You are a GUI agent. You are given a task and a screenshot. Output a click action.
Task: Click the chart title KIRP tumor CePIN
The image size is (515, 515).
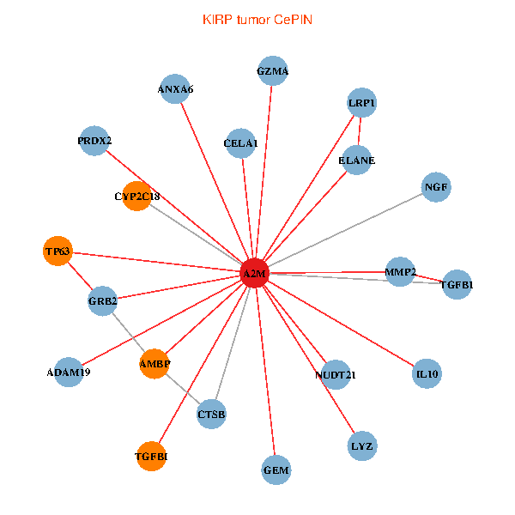[257, 19]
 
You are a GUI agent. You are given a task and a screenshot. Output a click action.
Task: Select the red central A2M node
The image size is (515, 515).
[254, 274]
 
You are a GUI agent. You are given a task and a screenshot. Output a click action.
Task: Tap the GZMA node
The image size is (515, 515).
[272, 71]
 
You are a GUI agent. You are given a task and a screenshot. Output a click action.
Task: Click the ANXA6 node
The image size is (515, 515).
[175, 88]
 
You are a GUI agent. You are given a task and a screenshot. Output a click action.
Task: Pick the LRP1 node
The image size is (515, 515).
[362, 103]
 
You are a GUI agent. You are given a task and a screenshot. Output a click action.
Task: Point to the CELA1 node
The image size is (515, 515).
[240, 142]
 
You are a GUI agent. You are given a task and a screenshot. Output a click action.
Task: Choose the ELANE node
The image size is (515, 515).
[356, 161]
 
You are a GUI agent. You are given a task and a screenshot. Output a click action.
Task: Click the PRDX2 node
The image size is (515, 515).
[94, 140]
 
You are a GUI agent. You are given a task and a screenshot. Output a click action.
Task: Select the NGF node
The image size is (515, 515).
[436, 187]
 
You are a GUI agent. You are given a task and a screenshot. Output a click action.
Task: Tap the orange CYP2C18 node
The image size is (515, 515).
[137, 197]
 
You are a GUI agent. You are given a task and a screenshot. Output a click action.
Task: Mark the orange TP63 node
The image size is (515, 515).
[58, 251]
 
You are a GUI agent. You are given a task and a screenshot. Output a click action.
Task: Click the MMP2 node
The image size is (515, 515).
[400, 272]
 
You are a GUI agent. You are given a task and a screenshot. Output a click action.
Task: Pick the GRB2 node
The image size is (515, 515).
[103, 300]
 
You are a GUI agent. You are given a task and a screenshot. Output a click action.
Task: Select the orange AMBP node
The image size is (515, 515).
[154, 364]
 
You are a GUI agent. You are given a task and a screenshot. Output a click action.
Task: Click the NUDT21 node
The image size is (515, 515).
[336, 374]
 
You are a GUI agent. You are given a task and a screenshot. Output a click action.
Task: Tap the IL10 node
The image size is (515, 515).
[427, 374]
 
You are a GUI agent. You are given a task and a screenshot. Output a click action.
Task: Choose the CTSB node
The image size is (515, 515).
[211, 415]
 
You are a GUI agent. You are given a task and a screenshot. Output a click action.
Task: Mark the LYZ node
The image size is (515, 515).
[362, 446]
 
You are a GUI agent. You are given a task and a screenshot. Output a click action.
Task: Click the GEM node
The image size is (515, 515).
[276, 470]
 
